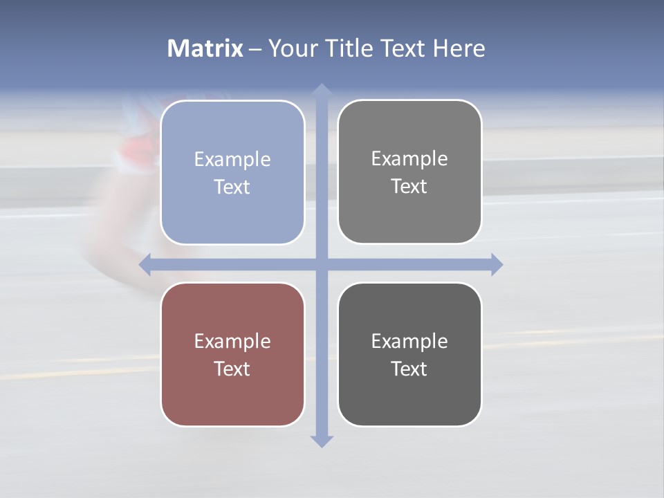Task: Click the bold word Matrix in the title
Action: [x=205, y=48]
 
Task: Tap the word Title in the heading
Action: [x=349, y=48]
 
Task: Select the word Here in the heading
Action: [x=459, y=48]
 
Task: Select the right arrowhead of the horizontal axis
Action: [x=496, y=264]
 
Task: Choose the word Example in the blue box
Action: [x=232, y=160]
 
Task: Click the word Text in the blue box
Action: [x=232, y=187]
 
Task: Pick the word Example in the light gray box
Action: [x=409, y=159]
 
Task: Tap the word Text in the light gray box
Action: [x=409, y=187]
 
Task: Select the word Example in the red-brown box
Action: [x=232, y=342]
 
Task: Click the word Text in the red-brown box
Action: [x=232, y=369]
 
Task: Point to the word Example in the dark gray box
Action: [x=409, y=342]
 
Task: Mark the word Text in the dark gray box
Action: [x=409, y=369]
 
